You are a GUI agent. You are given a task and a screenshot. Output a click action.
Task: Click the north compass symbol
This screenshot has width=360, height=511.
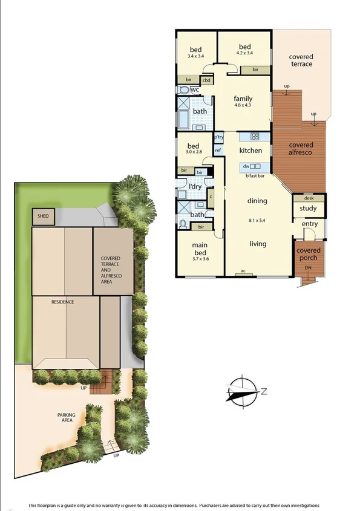pyautogui.click(x=245, y=391)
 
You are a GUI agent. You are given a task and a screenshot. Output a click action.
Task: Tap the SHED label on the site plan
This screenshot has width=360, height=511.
pyautogui.click(x=43, y=216)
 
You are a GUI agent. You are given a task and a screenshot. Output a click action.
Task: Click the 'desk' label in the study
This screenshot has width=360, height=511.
pyautogui.click(x=309, y=198)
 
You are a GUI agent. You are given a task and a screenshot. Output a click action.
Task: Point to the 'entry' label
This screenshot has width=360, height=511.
pyautogui.click(x=310, y=224)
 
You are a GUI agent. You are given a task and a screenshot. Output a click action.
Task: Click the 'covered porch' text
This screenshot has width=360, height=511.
pyautogui.click(x=309, y=254)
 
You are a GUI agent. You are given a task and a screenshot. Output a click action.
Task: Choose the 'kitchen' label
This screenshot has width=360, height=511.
pyautogui.click(x=250, y=150)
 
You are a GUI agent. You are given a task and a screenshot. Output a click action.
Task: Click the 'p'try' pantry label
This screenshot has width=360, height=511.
pyautogui.click(x=218, y=137)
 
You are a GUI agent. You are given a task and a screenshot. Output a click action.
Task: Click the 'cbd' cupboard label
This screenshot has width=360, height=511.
pyautogui.click(x=206, y=80)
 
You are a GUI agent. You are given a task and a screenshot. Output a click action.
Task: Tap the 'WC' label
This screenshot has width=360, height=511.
pyautogui.click(x=195, y=90)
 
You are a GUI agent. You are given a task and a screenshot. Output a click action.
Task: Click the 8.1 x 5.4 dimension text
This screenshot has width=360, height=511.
pyautogui.click(x=258, y=221)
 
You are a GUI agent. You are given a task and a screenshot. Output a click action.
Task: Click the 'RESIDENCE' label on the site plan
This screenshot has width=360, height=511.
pyautogui.click(x=62, y=301)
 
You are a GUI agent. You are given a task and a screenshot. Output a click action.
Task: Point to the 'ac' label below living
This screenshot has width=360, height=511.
pyautogui.click(x=243, y=271)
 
